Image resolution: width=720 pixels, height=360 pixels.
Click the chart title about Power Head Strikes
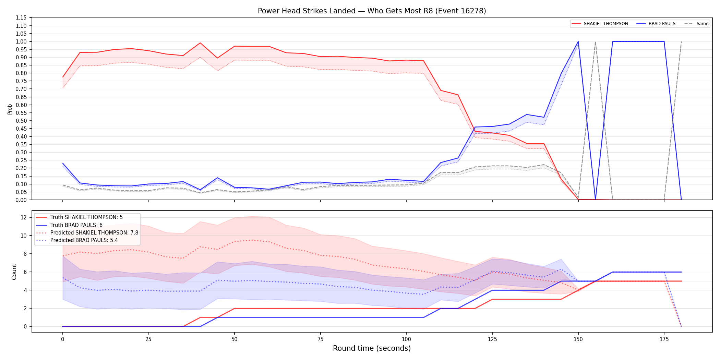click(372, 11)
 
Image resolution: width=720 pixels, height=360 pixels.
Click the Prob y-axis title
click(10, 109)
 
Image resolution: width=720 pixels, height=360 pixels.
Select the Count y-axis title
click(14, 272)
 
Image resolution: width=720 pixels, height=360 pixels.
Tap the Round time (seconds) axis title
click(372, 348)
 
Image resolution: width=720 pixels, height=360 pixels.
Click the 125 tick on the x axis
click(492, 339)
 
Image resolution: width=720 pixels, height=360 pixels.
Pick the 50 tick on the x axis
click(234, 339)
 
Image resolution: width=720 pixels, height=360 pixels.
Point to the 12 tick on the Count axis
click(24, 217)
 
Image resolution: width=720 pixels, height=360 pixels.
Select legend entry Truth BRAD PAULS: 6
click(76, 225)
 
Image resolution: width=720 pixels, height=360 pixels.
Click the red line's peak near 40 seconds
click(200, 43)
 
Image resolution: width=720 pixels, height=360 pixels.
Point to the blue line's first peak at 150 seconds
click(578, 41)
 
